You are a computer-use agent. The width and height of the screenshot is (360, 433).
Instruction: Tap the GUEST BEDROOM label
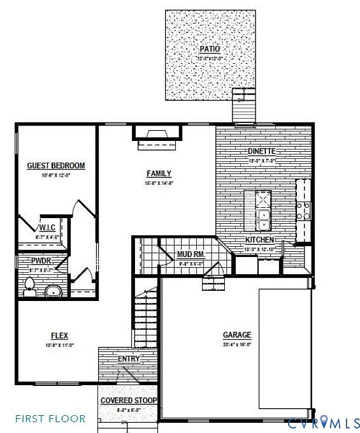(x=55, y=166)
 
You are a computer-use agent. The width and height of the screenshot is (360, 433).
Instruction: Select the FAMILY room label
(x=159, y=173)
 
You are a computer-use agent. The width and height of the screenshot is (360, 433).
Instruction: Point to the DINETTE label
(x=261, y=151)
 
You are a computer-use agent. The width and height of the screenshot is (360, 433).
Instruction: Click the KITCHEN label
(x=260, y=240)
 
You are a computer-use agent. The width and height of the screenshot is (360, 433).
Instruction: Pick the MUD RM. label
(x=191, y=254)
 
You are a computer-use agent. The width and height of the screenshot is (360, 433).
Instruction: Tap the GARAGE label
(x=237, y=335)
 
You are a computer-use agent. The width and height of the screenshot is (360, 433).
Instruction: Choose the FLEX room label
(x=59, y=335)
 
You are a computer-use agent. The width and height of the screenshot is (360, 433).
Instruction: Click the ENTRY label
(x=129, y=359)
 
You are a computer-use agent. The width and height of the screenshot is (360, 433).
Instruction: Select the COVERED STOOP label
(x=129, y=400)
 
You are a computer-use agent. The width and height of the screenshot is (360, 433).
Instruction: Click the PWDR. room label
(x=41, y=261)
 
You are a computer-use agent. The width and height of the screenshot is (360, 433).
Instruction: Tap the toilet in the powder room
(x=29, y=286)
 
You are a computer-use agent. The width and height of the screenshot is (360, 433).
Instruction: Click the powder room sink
(x=53, y=291)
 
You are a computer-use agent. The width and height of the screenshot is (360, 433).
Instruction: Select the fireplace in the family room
(x=157, y=134)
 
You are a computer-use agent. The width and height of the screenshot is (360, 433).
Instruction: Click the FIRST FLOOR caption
(x=50, y=419)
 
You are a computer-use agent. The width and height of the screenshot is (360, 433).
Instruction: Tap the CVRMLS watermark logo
(x=324, y=422)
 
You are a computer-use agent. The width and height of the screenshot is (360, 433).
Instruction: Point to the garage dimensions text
(x=237, y=344)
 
